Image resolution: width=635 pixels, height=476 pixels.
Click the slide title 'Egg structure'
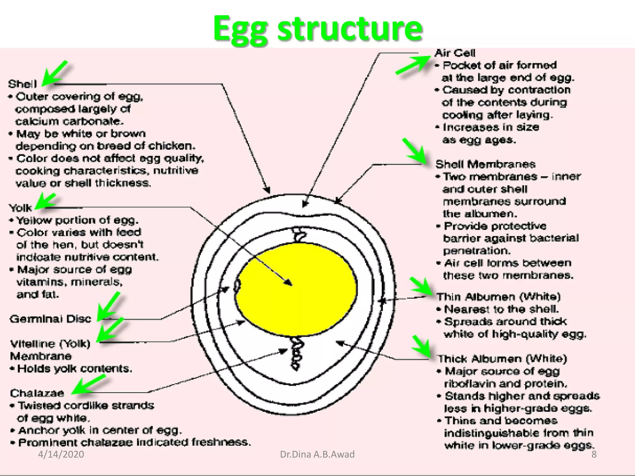pos(317,29)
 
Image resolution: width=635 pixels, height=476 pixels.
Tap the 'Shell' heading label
pos(22,84)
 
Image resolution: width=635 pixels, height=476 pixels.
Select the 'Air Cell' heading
pos(455,53)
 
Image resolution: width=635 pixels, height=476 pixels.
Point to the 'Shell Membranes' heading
pos(485,164)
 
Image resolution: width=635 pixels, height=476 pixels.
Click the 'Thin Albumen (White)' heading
pos(498,297)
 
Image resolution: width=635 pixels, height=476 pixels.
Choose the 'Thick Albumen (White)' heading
pos(502,359)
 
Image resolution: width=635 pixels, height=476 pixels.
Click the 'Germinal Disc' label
pos(51,319)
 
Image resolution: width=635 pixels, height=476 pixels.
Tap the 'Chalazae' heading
pos(37,393)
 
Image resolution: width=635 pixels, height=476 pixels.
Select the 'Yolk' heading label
pos(20,208)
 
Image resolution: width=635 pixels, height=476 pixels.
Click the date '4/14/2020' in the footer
pos(61,454)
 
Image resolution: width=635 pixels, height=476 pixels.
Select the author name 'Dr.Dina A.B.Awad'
pos(317,454)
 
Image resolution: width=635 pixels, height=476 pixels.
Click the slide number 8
pos(594,454)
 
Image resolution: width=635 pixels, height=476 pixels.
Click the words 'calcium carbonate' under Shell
pos(69,121)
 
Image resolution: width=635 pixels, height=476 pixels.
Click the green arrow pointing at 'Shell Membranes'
pos(415,151)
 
